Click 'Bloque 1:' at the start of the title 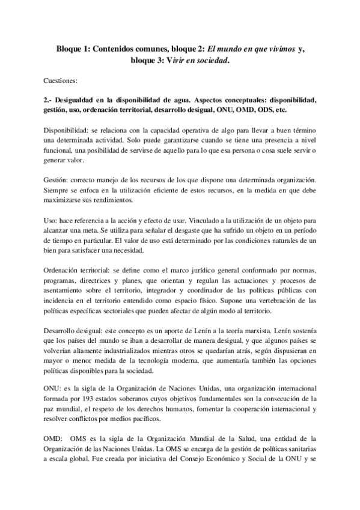(x=69, y=49)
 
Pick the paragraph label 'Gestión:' (x=57, y=180)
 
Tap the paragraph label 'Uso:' (x=52, y=221)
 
